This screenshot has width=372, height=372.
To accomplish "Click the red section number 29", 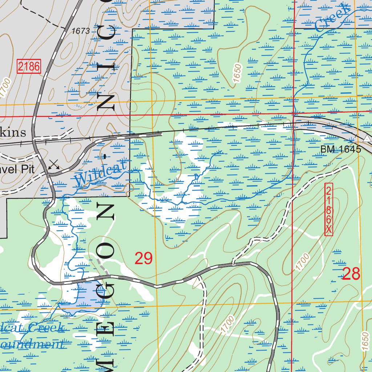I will tap(143, 258).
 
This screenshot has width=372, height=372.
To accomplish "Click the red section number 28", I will tap(351, 274).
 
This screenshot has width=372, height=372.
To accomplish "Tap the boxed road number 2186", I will tap(28, 66).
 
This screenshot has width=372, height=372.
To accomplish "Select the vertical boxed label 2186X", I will tap(328, 209).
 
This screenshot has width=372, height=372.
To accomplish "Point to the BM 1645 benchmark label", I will tap(340, 149).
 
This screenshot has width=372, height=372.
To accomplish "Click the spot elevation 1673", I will tap(81, 31).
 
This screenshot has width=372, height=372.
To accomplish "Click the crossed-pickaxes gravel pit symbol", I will tap(54, 165).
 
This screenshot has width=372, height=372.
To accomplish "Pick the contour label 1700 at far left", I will tap(5, 88).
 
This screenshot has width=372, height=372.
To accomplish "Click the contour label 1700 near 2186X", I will tap(302, 262).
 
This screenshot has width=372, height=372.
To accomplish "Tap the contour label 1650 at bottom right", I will tap(365, 341).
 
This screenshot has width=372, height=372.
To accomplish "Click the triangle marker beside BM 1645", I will tap(367, 139).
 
